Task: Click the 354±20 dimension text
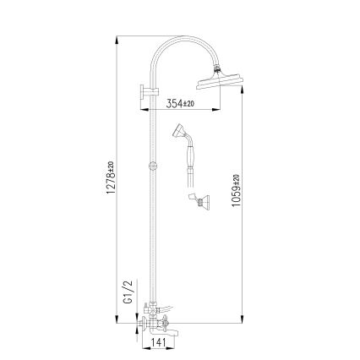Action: pos(179,103)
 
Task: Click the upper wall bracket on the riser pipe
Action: pos(145,93)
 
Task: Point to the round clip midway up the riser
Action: pos(151,166)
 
